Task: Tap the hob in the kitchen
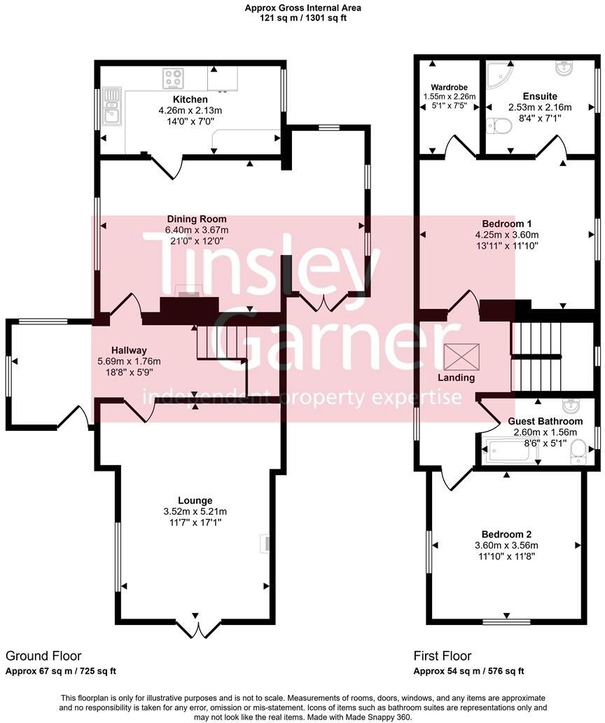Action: click(173, 78)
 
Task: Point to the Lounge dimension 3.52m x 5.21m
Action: click(195, 511)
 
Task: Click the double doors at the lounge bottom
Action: click(193, 628)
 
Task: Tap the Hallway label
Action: click(129, 350)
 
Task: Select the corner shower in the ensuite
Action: click(500, 74)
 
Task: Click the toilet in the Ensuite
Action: click(500, 127)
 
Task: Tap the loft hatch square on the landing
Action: click(463, 357)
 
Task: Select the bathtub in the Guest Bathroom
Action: click(510, 450)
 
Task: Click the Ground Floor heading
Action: click(43, 656)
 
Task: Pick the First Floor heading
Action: click(442, 656)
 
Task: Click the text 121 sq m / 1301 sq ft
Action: click(302, 18)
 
